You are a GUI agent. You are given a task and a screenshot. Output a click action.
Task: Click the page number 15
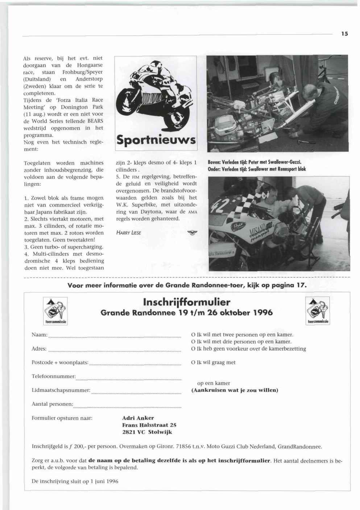tap(344, 34)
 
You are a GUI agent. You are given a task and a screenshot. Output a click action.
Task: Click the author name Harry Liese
tap(128, 233)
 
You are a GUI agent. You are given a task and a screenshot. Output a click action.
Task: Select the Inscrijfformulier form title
tap(187, 302)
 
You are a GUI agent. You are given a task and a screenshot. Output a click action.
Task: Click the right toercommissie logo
tap(318, 310)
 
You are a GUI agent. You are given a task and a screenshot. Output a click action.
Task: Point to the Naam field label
tap(40, 334)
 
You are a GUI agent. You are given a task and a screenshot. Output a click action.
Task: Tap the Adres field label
tap(39, 349)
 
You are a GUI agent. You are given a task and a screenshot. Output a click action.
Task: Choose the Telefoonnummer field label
tap(54, 376)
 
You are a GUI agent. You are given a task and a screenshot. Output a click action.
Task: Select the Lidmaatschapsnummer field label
tap(61, 390)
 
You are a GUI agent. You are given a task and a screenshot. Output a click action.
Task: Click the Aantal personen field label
tap(52, 404)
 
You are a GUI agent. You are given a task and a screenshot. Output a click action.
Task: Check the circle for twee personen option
tap(193, 335)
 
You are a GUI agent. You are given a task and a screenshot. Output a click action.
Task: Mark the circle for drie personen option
tap(193, 342)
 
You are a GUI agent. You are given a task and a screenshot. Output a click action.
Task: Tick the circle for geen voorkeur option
tap(193, 349)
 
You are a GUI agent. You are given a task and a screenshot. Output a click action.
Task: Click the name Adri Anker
tap(138, 418)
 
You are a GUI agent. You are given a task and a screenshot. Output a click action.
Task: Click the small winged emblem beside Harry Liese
tap(189, 233)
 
